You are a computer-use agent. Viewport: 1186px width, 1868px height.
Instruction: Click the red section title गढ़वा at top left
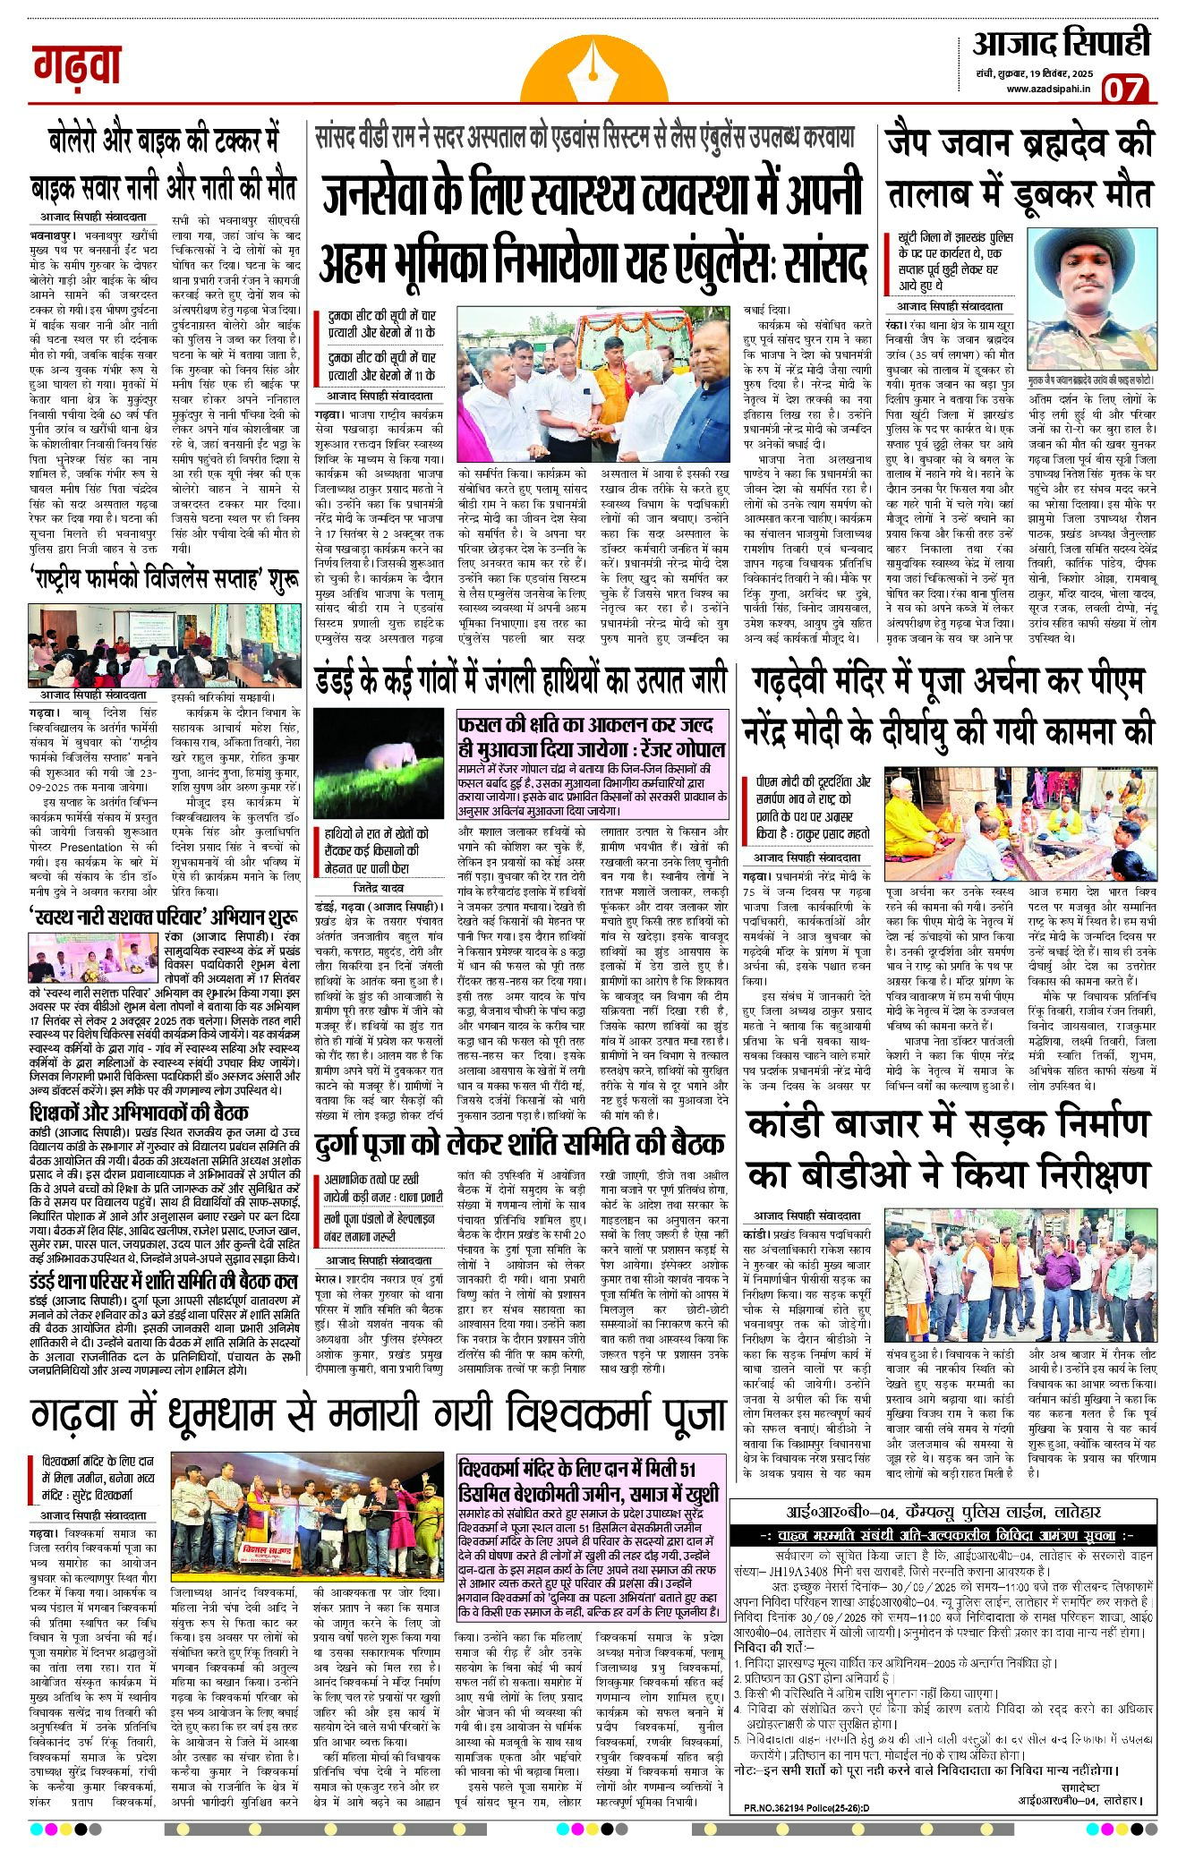(77, 65)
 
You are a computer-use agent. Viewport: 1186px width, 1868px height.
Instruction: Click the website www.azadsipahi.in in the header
(1047, 89)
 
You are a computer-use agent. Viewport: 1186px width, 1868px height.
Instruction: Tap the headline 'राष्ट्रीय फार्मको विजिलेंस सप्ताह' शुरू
(164, 581)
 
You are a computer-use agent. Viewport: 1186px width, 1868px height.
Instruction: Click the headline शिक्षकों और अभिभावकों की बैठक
(139, 1113)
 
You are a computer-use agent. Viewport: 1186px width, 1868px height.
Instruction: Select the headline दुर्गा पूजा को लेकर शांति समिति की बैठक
(520, 1144)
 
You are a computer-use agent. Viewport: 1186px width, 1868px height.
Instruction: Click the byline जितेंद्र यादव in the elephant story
(379, 888)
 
